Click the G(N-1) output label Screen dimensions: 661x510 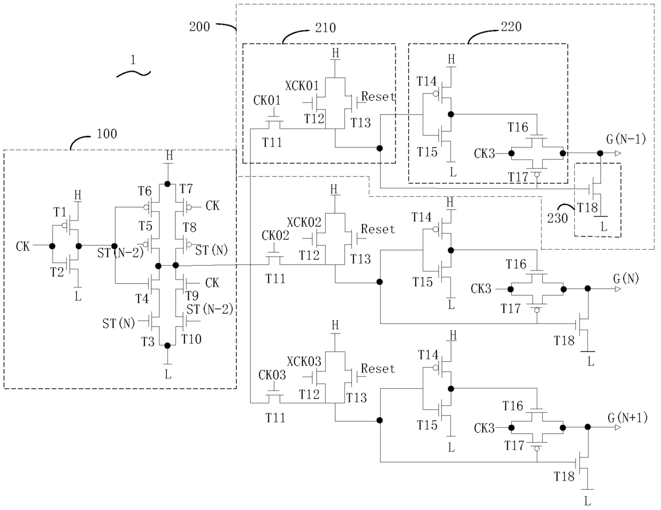point(626,139)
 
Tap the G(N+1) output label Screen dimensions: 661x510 point(627,418)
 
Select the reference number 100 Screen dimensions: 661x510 point(107,134)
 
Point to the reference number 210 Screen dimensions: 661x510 point(325,28)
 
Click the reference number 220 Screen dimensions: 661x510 point(511,27)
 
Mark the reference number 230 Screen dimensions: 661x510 point(557,218)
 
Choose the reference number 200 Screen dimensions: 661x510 point(199,27)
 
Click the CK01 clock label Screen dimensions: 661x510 point(267,100)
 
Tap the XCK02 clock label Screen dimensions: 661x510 point(304,222)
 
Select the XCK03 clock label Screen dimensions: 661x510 point(304,362)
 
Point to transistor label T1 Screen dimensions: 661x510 point(60,212)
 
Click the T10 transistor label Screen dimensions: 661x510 point(191,339)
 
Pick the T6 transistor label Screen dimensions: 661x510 point(144,191)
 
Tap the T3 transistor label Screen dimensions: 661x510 point(148,342)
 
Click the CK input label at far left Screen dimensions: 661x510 point(23,246)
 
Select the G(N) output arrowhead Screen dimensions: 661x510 point(617,289)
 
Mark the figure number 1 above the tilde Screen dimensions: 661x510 point(133,60)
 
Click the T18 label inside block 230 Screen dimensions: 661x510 point(587,208)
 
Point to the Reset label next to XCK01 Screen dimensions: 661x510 point(378,97)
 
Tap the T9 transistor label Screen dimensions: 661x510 point(192,295)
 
